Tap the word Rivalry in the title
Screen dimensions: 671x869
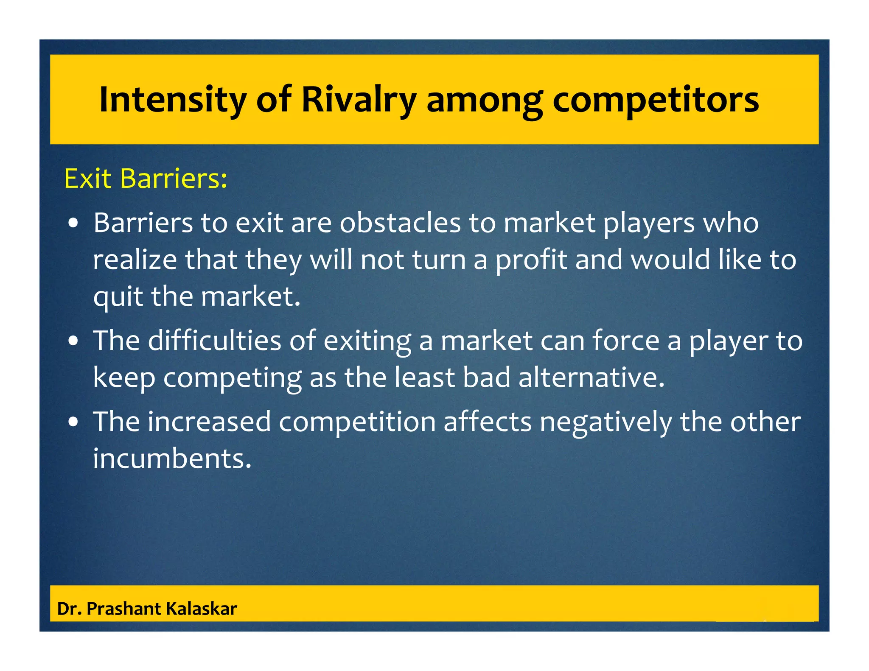click(359, 100)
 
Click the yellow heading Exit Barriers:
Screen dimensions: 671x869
click(146, 179)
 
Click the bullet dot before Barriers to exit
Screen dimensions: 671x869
click(74, 224)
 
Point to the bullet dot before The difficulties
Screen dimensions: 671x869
click(74, 341)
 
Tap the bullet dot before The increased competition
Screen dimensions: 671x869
click(74, 422)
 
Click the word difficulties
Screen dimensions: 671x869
click(214, 341)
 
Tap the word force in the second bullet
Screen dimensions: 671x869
click(625, 341)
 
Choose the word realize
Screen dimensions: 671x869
click(135, 260)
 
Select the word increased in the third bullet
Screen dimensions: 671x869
click(209, 422)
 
